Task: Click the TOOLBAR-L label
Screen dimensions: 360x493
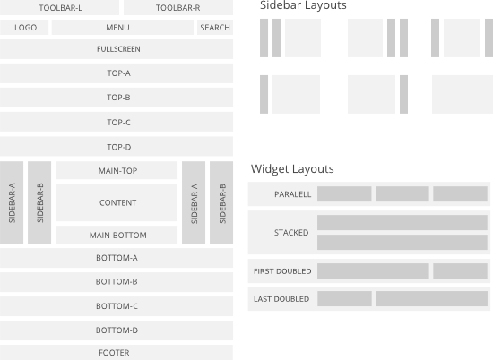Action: (60, 8)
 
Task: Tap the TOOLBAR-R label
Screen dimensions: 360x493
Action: (177, 8)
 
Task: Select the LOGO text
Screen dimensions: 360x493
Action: (25, 28)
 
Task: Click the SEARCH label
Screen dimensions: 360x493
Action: (215, 28)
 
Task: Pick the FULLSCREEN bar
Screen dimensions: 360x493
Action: (117, 49)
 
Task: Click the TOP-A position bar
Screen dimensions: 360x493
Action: (117, 73)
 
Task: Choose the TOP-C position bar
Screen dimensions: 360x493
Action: (117, 123)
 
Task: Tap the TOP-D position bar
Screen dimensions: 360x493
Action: (117, 147)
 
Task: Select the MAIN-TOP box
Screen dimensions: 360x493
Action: (117, 171)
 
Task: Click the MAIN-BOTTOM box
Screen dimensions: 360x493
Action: (117, 236)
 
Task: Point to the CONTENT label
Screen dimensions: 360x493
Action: (117, 203)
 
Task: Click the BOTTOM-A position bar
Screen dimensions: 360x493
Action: (117, 259)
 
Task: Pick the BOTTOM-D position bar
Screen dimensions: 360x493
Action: (117, 330)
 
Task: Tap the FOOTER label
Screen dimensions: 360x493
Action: (114, 353)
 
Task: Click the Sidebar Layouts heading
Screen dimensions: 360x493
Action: (303, 6)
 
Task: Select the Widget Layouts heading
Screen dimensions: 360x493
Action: (292, 169)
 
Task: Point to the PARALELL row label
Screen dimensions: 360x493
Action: (292, 194)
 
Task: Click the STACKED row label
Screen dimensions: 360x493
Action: (290, 233)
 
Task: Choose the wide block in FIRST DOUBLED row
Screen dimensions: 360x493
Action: (372, 270)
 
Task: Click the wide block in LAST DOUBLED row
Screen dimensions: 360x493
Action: (431, 299)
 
